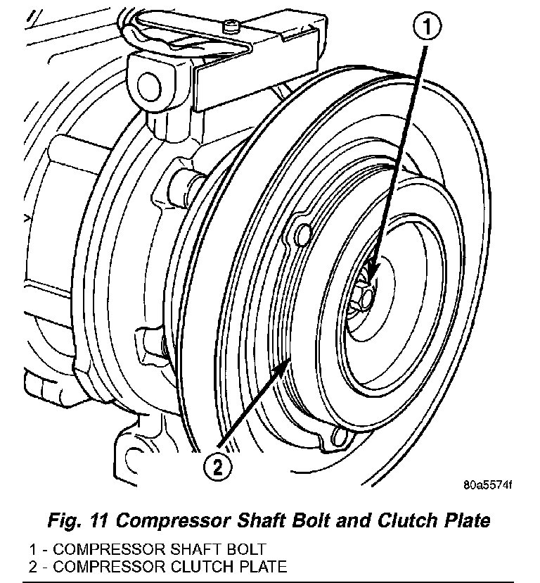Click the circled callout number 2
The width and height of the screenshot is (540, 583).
[217, 465]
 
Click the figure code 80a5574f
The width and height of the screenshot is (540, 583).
[488, 486]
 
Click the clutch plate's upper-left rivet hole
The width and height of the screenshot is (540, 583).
[302, 232]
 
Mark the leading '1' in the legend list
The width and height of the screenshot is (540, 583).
[33, 549]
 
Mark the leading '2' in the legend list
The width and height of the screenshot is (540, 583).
[33, 565]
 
